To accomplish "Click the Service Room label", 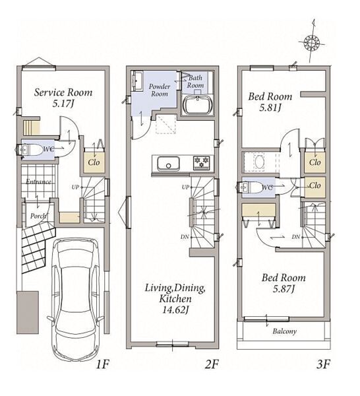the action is (63, 92).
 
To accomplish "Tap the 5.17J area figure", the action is (63, 104).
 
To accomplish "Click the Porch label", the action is (38, 216).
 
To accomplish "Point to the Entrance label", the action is (38, 181).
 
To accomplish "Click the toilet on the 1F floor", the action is (29, 150).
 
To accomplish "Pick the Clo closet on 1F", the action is (94, 162).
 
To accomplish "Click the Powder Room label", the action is (160, 90).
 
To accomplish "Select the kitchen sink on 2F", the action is (168, 164).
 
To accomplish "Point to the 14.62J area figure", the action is (175, 310).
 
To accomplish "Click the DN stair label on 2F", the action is (185, 237).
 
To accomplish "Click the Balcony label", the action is (284, 331).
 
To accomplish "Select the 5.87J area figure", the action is (284, 288).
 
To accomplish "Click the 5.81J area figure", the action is (270, 108).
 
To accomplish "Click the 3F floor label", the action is (323, 364).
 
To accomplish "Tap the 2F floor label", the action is (211, 364).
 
